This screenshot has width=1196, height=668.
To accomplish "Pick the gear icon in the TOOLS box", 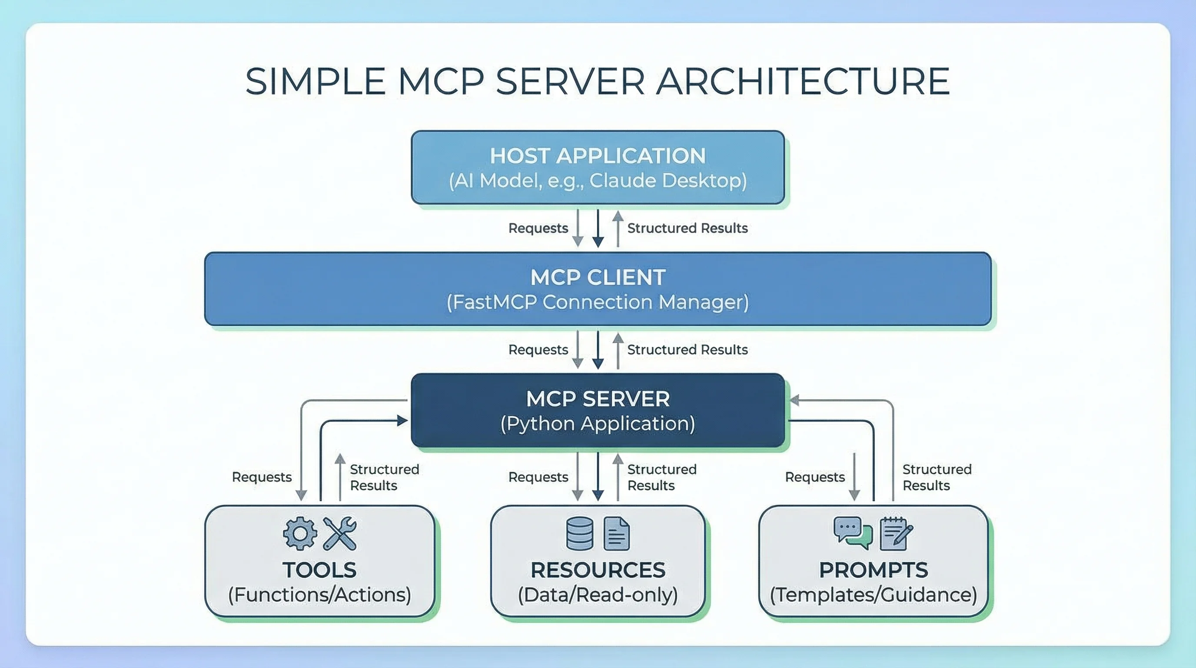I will pos(300,533).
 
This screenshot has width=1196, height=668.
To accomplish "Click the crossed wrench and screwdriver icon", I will pos(339,533).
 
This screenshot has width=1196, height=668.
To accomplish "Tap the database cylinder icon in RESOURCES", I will pos(579,533).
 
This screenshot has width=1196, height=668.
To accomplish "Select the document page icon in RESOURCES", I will pos(616,533).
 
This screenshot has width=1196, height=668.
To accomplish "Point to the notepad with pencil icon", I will pos(896,533).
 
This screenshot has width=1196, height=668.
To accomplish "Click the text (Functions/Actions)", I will pos(319,595).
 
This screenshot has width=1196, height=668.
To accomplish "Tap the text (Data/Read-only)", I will pos(598,595).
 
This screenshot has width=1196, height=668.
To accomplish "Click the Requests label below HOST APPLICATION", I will pos(538,228).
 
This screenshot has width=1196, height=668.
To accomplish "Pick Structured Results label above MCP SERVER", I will pos(687,349).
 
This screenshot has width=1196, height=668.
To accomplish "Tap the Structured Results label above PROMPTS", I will pos(937,477).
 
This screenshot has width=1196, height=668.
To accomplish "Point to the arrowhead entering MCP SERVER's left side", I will pos(402,421).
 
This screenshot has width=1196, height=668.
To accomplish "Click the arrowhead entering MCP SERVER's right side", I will pos(794,400).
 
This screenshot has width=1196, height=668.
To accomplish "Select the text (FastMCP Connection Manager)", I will pos(598,302).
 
